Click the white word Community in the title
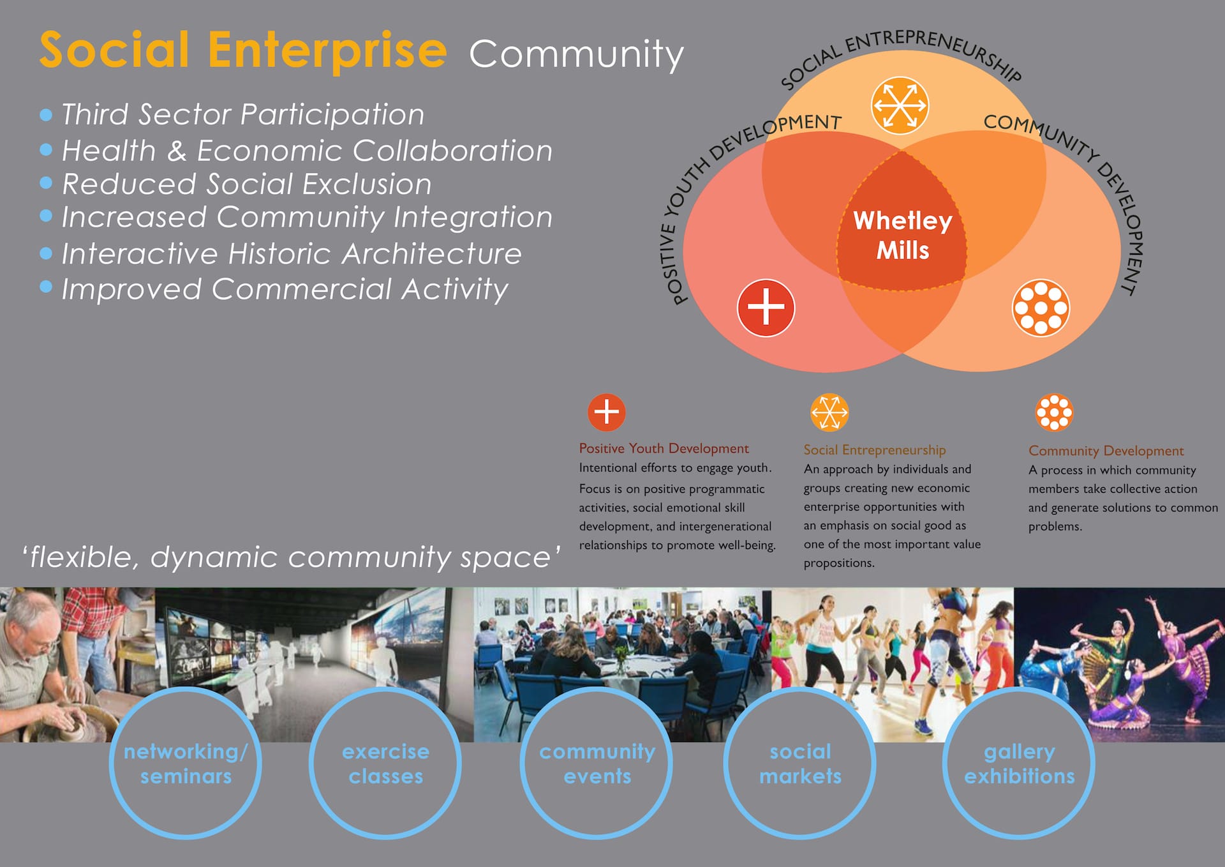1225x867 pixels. pos(576,54)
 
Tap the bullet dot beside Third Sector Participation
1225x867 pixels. pos(46,115)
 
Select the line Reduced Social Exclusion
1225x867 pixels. pos(246,184)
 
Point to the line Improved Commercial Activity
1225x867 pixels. pos(285,289)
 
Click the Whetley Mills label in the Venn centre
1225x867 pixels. pos(903,235)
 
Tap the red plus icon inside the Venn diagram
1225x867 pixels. pos(766,308)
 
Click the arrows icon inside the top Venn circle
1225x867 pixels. pos(900,105)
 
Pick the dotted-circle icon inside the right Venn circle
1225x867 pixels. pos(1041,308)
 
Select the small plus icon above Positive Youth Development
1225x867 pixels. pos(606,412)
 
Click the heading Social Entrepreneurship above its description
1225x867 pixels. pos(875,450)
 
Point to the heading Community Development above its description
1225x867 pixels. pos(1106,451)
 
